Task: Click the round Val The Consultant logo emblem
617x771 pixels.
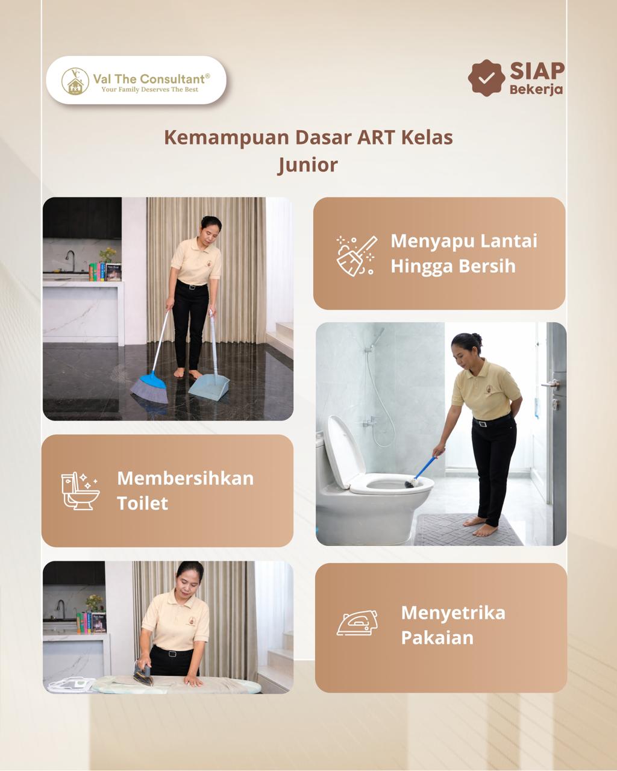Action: (75, 81)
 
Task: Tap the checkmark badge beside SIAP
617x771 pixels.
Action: (486, 78)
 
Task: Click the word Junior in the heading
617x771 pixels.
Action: (308, 166)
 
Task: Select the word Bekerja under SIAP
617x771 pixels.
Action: (536, 90)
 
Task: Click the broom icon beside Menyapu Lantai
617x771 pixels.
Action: (356, 255)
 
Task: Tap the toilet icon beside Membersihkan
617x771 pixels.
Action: (80, 490)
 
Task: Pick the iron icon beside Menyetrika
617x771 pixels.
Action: (357, 623)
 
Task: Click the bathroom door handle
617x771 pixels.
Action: (551, 384)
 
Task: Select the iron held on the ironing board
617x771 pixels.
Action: (143, 674)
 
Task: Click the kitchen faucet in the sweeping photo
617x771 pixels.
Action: (69, 260)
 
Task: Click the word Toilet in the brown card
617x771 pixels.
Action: (142, 504)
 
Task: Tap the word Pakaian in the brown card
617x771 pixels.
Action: (437, 638)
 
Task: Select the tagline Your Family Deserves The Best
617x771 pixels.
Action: (149, 90)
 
